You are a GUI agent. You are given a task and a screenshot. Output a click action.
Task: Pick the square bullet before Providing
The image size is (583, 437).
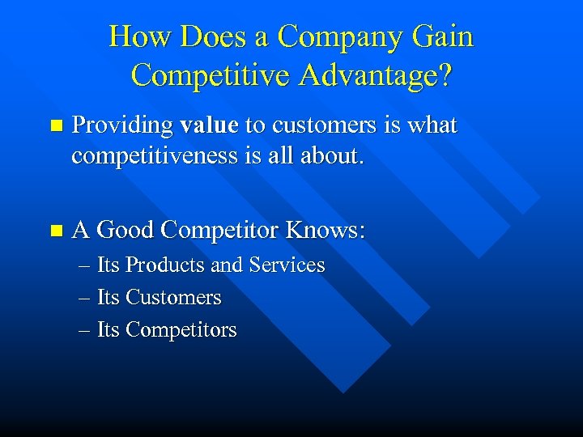[55, 126]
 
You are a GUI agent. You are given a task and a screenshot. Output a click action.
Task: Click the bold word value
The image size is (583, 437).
[209, 125]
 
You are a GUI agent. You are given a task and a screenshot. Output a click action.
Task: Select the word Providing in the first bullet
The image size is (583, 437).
[122, 126]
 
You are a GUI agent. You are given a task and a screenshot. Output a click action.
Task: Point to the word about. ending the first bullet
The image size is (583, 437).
[332, 155]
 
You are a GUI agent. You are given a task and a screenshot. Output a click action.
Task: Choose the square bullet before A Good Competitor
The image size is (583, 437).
[55, 231]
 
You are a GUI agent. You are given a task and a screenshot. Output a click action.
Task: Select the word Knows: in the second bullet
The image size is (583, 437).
[326, 231]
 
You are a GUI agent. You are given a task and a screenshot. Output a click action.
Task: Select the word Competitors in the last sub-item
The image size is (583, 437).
[181, 330]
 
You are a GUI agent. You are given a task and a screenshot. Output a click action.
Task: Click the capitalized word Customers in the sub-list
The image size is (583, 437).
[173, 298]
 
